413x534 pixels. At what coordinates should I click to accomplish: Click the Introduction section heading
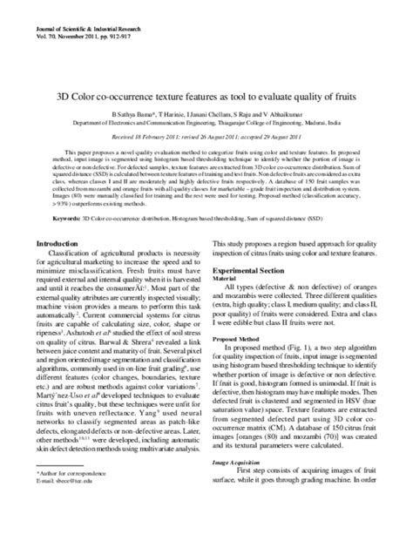click(54, 243)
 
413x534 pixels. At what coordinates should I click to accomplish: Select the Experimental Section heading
click(245, 271)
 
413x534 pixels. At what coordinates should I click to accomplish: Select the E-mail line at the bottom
click(66, 505)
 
